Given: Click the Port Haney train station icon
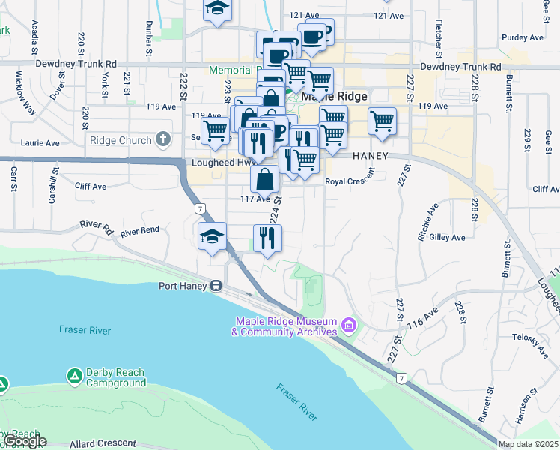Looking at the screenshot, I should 216,286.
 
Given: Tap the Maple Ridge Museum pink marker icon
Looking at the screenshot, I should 347,325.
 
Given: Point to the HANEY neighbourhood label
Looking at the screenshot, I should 369,155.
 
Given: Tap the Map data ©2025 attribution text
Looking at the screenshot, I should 528,444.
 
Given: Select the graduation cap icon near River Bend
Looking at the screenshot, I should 212,236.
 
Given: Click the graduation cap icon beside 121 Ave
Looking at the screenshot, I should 218,9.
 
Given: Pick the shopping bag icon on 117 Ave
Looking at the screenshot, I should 264,179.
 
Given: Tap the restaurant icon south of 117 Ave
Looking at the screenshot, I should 267,238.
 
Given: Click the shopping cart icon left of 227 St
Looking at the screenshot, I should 382,121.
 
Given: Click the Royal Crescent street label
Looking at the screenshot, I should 349,181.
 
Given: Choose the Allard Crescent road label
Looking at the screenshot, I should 103,443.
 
